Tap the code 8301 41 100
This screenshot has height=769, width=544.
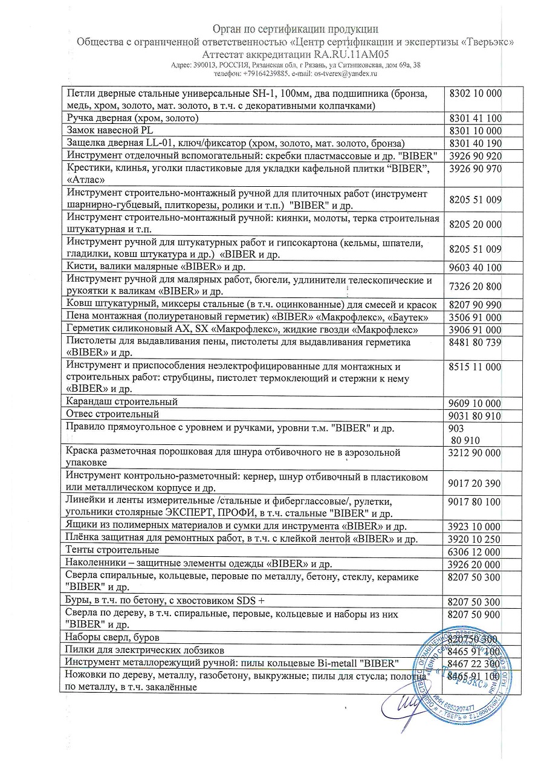point(476,118)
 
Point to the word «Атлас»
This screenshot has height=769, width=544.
point(88,180)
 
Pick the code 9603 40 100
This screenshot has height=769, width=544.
point(476,267)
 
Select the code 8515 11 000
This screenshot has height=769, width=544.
point(476,367)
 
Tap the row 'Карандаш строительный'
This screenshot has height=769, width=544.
point(122,402)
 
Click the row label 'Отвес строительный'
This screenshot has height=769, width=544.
point(112,415)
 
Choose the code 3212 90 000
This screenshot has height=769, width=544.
point(476,453)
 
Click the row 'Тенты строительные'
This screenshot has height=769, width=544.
point(112,551)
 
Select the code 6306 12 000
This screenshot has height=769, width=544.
point(476,552)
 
